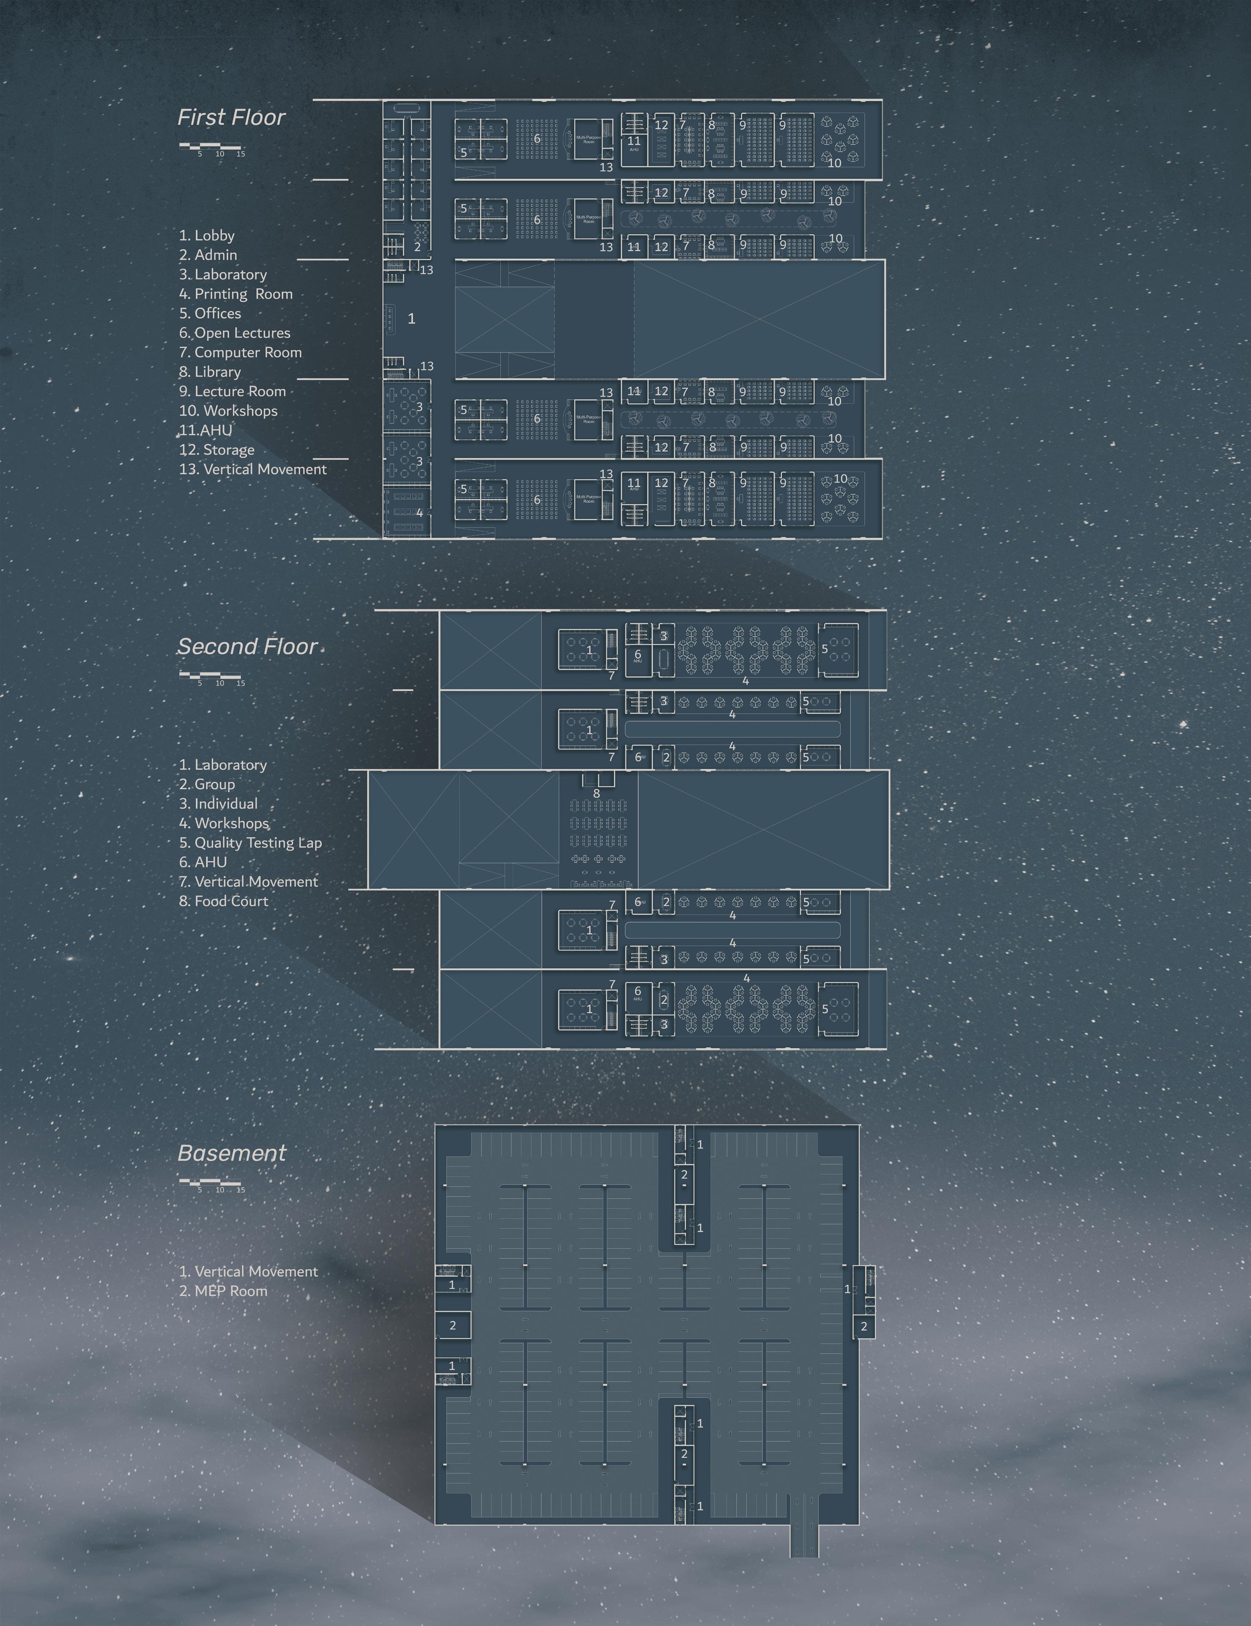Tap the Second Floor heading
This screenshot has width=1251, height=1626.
(247, 646)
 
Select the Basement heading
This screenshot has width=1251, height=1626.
(232, 1153)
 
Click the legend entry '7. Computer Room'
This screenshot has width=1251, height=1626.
(241, 352)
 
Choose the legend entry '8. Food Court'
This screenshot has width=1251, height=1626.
(223, 901)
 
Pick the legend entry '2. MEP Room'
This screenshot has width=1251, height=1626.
(223, 1291)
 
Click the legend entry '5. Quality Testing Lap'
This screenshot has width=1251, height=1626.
(250, 843)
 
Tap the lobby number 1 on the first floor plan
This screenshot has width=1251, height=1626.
(411, 319)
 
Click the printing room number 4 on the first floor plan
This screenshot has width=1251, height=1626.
(419, 513)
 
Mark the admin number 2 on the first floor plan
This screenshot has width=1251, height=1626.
(417, 247)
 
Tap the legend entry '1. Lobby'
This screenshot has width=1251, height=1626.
(207, 235)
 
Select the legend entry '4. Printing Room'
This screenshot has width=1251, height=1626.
(236, 294)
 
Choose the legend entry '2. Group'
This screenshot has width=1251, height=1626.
(207, 784)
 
